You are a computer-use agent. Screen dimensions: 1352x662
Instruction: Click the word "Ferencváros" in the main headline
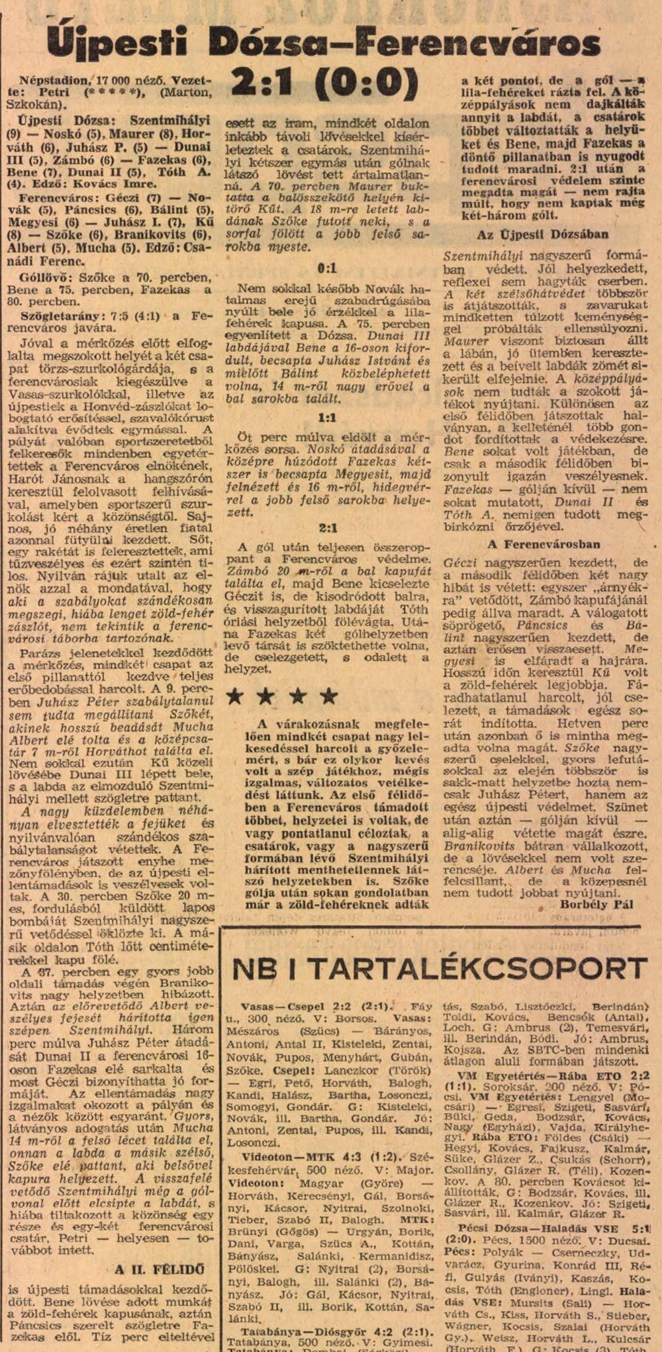pos(477,43)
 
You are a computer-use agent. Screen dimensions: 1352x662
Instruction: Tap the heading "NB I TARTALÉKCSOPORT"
pos(439,969)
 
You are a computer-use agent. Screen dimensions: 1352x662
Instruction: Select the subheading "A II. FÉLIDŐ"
pos(160,1269)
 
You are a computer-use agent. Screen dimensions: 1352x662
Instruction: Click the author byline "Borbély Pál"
pos(596,905)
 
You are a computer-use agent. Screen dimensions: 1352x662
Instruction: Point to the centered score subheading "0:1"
pos(327,268)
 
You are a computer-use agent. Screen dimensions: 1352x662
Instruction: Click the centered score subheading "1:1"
pos(327,418)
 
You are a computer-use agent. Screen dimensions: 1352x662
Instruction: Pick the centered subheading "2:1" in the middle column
pos(327,528)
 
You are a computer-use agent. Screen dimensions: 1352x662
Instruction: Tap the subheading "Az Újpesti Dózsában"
pos(542,235)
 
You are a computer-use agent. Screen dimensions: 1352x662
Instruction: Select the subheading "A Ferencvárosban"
pos(544,545)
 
